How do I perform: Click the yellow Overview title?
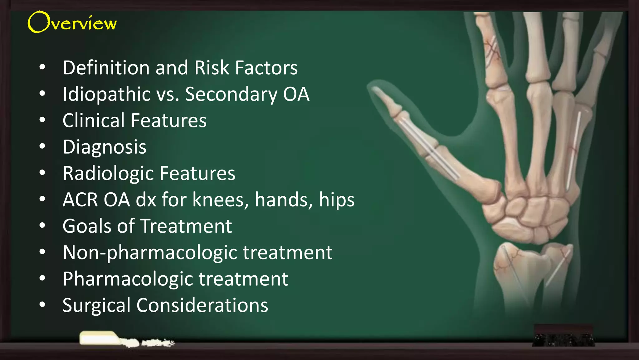coord(72,22)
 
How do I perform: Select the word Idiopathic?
coord(106,94)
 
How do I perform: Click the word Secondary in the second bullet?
coord(231,94)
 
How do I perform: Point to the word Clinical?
coord(94,121)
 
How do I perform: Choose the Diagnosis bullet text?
coord(105,147)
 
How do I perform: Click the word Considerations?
coord(202,305)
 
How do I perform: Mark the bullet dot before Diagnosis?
coord(42,146)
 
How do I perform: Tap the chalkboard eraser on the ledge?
coord(563,336)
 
